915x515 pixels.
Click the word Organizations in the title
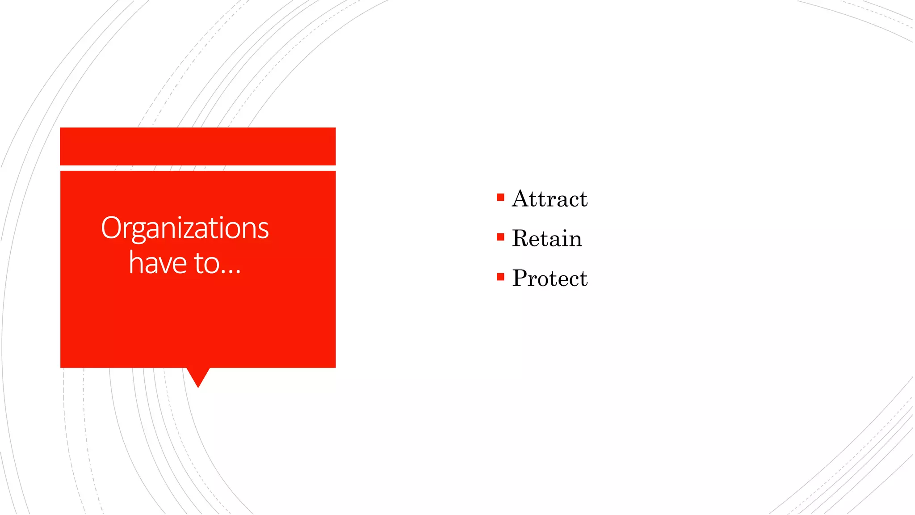tap(185, 228)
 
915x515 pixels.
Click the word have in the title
tap(157, 263)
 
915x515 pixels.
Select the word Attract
tap(550, 199)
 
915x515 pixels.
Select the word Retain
tap(547, 238)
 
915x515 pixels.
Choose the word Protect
tap(550, 278)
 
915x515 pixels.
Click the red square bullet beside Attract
tap(500, 197)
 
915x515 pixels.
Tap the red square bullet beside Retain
tap(500, 237)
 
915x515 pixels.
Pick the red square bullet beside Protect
tap(500, 277)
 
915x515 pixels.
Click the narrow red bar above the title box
tap(197, 146)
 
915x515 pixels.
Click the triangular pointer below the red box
tap(198, 376)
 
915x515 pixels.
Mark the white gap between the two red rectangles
tap(197, 168)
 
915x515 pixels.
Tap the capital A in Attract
tap(520, 199)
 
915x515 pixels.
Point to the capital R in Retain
tap(521, 238)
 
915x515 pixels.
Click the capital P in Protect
tap(520, 278)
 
